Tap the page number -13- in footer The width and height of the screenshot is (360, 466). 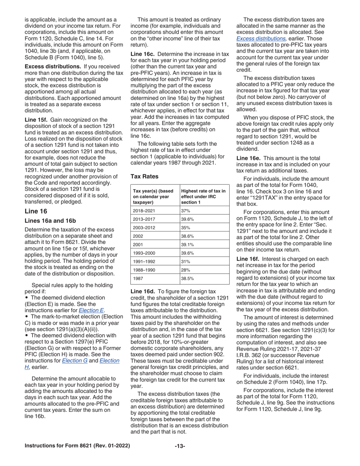click(180, 446)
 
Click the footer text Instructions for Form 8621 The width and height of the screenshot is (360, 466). click(77, 446)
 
